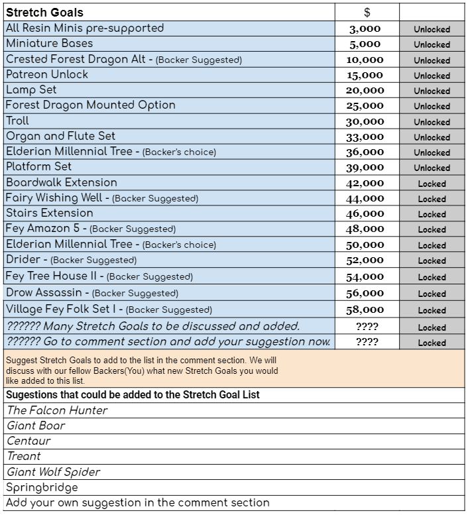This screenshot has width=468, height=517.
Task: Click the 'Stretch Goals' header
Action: point(45,12)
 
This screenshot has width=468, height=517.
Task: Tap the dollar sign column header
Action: point(367,12)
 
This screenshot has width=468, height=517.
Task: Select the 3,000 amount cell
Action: point(365,29)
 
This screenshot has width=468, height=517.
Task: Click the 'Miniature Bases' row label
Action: point(49,44)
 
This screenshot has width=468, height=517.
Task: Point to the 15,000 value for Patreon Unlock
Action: point(365,76)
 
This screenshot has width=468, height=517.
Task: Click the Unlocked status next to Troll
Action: point(432,122)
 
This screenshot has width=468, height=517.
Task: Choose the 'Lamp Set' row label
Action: point(31,89)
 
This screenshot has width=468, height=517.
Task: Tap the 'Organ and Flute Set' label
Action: point(60,136)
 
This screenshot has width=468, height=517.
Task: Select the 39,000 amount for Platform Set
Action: point(365,168)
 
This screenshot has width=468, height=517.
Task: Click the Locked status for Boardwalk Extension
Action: point(432,184)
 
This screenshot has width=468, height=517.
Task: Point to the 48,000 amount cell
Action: point(365,229)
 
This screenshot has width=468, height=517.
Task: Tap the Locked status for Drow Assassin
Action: point(432,294)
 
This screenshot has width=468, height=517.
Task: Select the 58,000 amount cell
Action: point(365,310)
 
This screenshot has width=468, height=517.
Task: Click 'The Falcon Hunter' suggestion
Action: point(57,410)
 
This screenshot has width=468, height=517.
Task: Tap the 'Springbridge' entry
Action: point(42,487)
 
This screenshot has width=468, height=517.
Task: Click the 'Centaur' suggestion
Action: point(29,441)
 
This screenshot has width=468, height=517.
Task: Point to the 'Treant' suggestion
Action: point(24,456)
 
